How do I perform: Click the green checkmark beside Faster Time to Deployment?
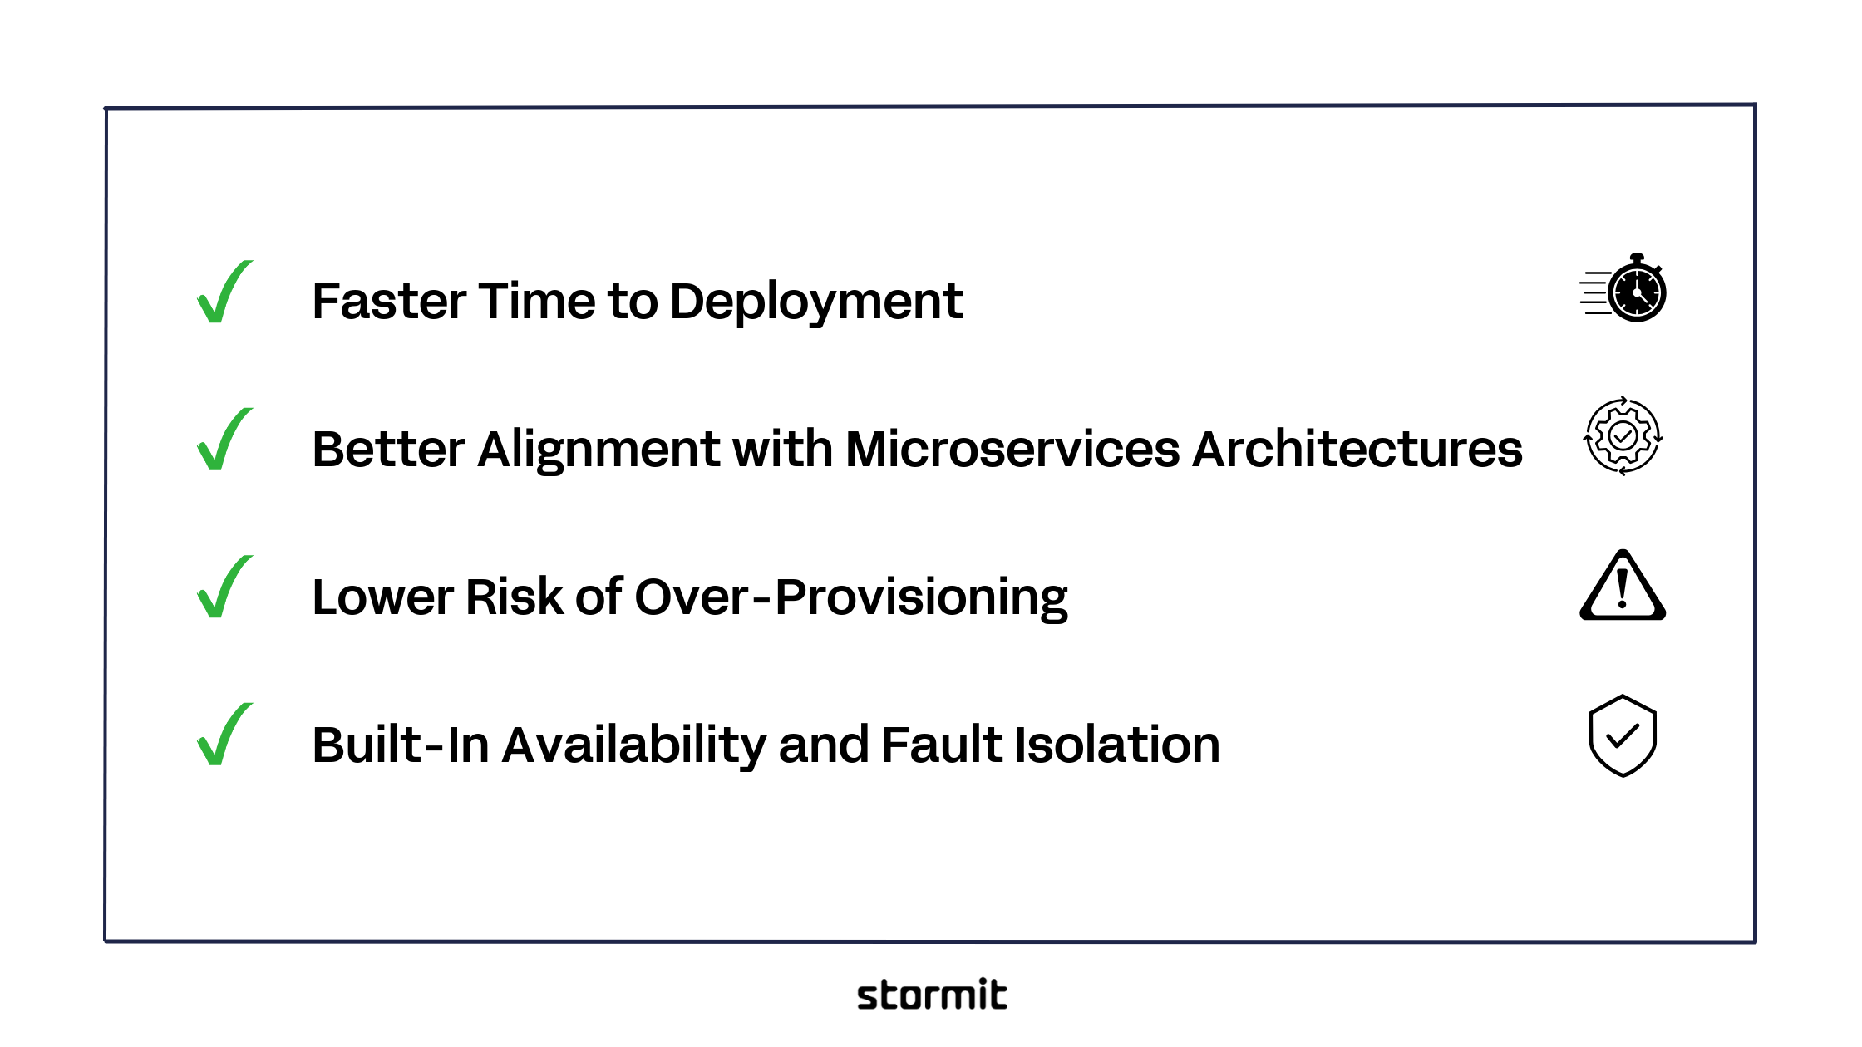click(x=223, y=293)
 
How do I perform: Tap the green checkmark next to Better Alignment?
click(x=223, y=441)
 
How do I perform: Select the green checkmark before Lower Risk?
click(x=223, y=588)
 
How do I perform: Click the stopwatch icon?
click(x=1624, y=289)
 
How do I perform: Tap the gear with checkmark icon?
click(x=1623, y=436)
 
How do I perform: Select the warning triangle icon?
click(x=1623, y=587)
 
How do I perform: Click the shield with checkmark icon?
click(x=1623, y=736)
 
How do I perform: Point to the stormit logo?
click(x=932, y=995)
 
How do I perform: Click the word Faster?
click(x=387, y=301)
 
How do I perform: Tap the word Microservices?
click(x=1012, y=450)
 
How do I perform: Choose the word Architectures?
click(x=1357, y=450)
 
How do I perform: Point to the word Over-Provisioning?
click(x=851, y=597)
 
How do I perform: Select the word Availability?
click(x=633, y=745)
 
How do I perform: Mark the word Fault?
click(x=941, y=745)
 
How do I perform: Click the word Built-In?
click(x=401, y=745)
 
